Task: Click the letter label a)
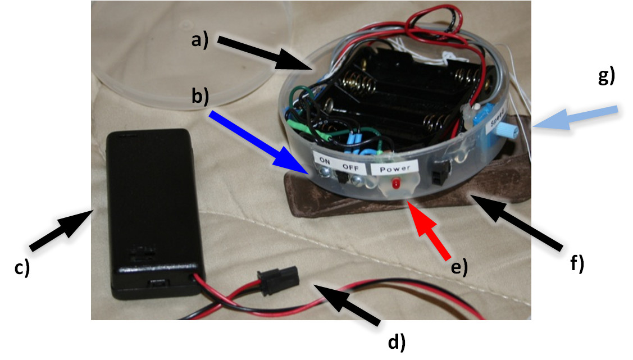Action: click(199, 41)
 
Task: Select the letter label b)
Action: click(200, 96)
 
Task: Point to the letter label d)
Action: click(397, 340)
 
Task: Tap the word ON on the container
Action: click(325, 159)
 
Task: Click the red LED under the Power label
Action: click(397, 184)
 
